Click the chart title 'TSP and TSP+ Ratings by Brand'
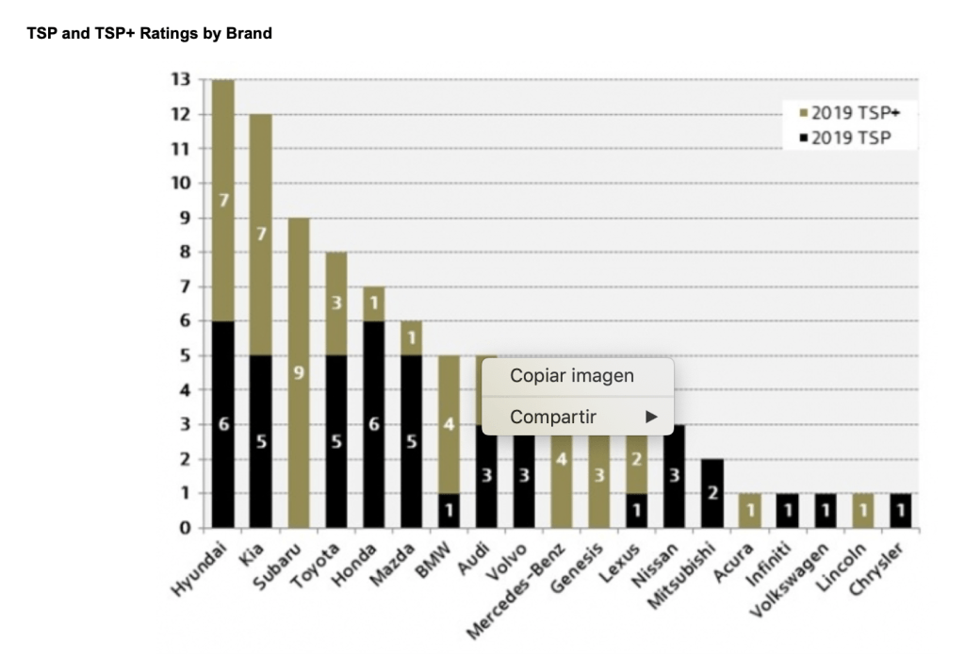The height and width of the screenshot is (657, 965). pos(150,34)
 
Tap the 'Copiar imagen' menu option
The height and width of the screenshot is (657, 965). pos(572,376)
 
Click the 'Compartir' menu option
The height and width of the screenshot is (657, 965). pos(554,417)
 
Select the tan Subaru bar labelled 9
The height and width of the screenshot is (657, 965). pos(298,372)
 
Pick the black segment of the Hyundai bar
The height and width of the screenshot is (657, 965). pos(223,424)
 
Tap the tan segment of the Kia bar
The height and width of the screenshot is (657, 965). pos(260,235)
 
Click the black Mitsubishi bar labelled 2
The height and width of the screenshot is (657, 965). pos(712,493)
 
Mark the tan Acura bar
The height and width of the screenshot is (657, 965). pos(750,510)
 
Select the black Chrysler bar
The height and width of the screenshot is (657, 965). pos(901,510)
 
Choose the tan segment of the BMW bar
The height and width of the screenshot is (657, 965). pos(450,424)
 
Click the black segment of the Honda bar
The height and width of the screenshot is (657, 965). pos(373,424)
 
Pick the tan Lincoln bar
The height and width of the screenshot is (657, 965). pos(863,510)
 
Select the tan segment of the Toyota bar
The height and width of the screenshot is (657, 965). pos(335,304)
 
